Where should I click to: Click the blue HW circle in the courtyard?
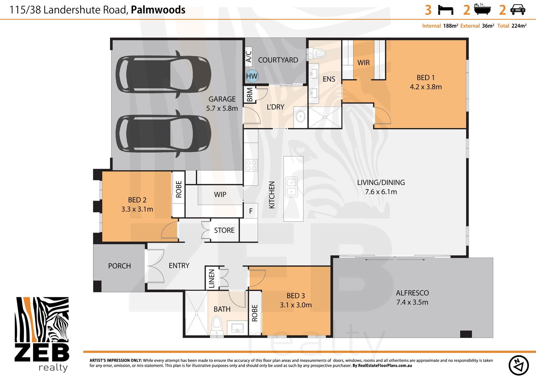252,76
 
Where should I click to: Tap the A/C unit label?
249,56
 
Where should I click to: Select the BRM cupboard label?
249,95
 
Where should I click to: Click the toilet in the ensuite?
316,53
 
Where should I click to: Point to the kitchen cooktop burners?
251,165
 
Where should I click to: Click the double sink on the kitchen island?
292,187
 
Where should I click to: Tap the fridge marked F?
251,211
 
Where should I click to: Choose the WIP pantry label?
220,194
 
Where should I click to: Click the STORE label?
224,230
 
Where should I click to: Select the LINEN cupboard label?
212,278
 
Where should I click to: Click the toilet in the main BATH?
216,325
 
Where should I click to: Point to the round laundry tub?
300,117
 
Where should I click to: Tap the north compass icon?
518,365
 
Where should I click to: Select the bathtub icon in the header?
482,9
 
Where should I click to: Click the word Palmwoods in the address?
158,10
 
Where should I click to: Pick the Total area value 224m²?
519,26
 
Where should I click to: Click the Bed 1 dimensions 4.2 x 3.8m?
426,87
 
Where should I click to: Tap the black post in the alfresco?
466,334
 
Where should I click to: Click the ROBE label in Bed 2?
179,189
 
